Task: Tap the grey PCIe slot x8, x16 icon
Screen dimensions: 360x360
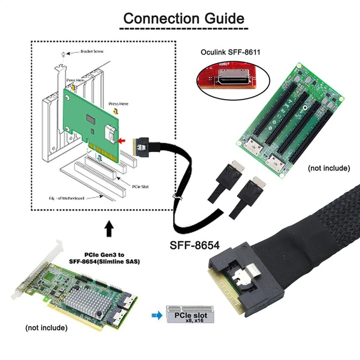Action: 190,316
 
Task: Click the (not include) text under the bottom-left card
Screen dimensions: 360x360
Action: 47,327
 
